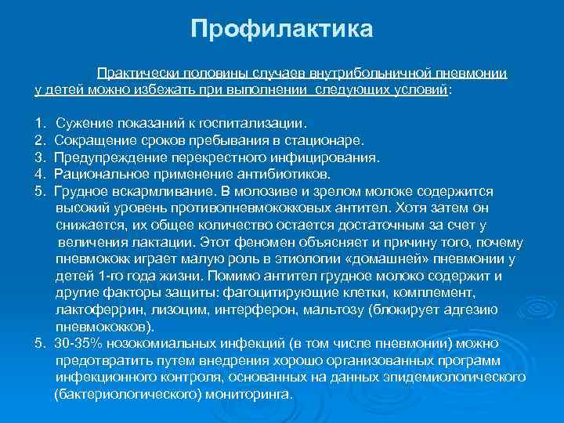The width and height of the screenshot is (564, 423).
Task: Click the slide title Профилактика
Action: pos(282,31)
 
